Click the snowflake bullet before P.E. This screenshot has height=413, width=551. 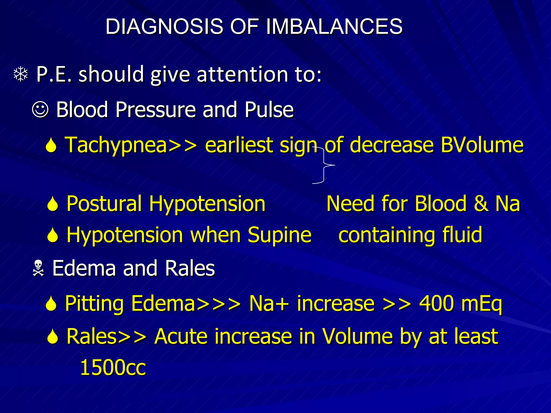pyautogui.click(x=21, y=74)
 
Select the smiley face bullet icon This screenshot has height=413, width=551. pyautogui.click(x=40, y=110)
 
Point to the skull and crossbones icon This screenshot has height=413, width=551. pyautogui.click(x=38, y=268)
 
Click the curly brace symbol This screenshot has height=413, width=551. pyautogui.click(x=324, y=165)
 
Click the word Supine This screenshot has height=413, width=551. pyautogui.click(x=280, y=235)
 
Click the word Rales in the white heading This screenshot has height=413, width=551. pyautogui.click(x=190, y=268)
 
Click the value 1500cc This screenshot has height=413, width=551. pyautogui.click(x=113, y=368)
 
